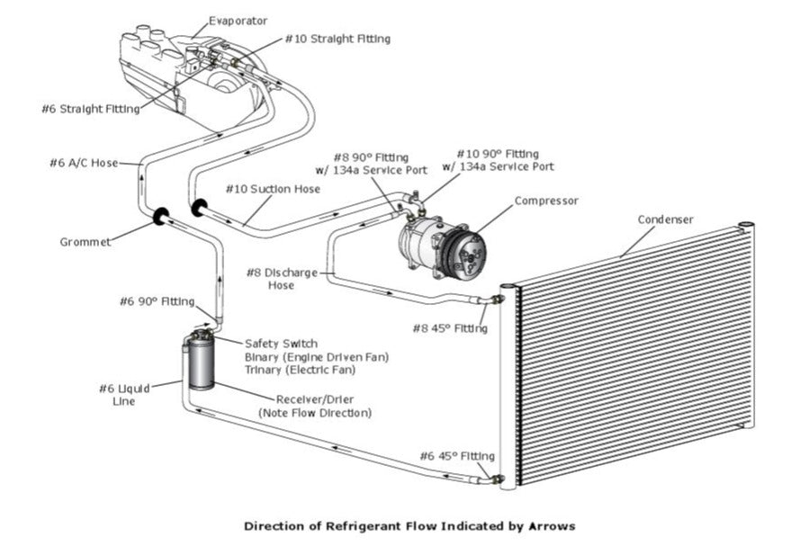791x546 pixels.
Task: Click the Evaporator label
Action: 238,20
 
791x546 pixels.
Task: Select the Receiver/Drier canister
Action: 200,361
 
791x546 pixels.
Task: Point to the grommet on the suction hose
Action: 199,209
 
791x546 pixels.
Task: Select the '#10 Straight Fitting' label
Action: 337,40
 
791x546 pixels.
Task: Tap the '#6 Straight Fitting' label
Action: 90,109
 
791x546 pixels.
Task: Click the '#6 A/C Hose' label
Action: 83,163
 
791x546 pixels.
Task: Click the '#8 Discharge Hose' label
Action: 281,278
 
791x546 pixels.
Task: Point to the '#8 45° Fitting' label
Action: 450,328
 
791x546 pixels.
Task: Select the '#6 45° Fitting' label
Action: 457,456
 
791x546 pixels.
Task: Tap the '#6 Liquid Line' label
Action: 118,395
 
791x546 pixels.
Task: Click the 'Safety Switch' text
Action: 281,343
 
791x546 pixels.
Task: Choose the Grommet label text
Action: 85,241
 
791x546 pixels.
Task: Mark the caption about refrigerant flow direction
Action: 409,525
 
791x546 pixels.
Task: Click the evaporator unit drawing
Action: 189,72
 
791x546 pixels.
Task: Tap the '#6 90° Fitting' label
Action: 157,301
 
